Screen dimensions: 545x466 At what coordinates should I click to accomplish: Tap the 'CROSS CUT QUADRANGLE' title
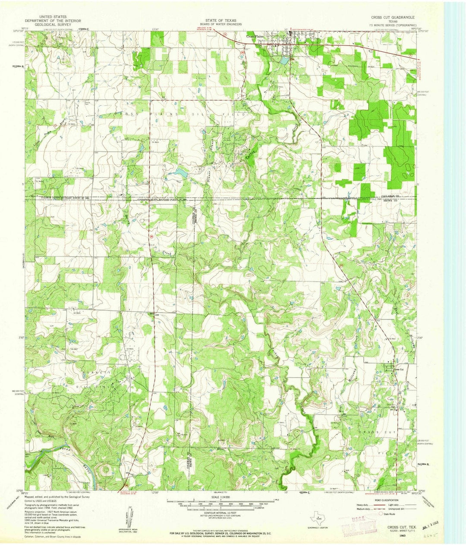[394, 17]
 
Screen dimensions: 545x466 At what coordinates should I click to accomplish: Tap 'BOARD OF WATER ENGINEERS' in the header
[220, 24]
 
